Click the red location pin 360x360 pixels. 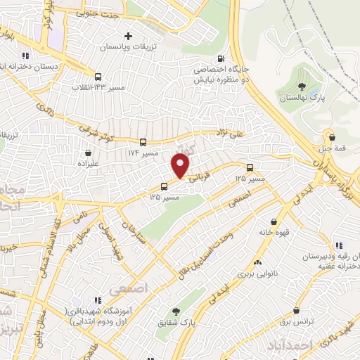tap(181, 166)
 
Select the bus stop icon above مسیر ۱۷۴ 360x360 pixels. tap(143, 141)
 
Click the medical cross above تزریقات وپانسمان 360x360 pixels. tap(128, 36)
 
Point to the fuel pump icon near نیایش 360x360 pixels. tap(221, 59)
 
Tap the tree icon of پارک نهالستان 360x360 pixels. tap(302, 86)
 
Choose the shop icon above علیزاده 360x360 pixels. tap(88, 152)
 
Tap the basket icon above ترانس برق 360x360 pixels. tap(296, 311)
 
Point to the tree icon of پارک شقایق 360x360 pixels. tap(174, 311)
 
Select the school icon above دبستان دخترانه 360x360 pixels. tap(26, 56)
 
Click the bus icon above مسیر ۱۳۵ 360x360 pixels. tap(165, 186)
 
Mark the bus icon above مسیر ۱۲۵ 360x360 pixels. tap(250, 168)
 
